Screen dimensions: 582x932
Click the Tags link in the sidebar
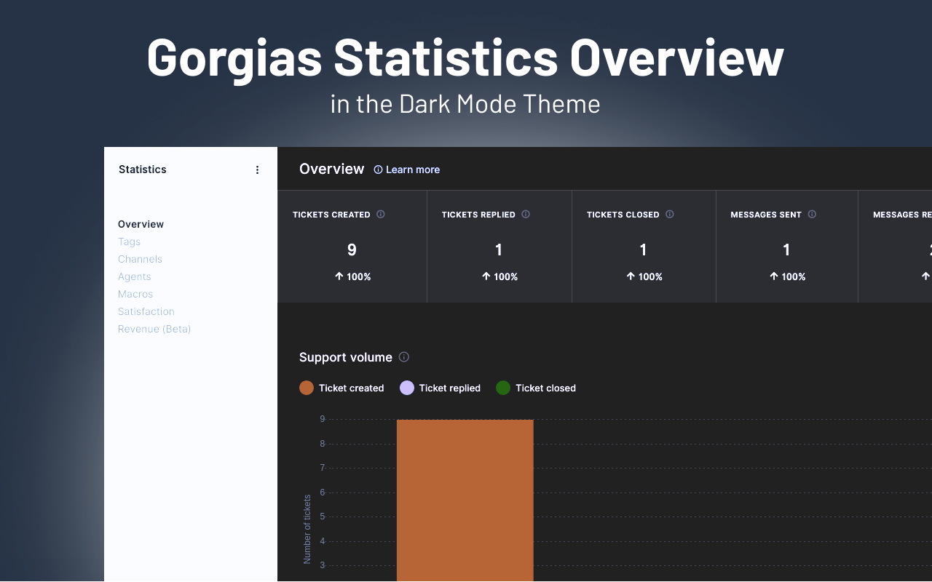(129, 242)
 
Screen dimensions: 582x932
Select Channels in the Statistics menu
(140, 259)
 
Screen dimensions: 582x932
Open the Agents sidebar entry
(135, 276)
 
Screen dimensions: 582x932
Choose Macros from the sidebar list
(135, 294)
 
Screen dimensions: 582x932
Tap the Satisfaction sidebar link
(146, 311)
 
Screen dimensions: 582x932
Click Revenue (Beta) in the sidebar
(154, 329)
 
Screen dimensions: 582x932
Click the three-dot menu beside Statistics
(257, 170)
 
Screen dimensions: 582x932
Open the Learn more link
(412, 170)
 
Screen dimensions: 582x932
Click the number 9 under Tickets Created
(352, 250)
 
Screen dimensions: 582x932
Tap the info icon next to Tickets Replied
(526, 215)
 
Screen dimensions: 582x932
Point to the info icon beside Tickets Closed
(670, 215)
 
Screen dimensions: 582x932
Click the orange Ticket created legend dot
(307, 388)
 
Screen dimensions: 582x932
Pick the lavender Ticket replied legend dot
(407, 388)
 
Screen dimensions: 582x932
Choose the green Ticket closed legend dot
(503, 388)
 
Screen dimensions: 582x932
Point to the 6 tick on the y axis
(322, 493)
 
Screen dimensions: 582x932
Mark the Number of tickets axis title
(307, 529)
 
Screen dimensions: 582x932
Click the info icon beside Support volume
(404, 357)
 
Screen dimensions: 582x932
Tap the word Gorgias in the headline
(234, 57)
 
